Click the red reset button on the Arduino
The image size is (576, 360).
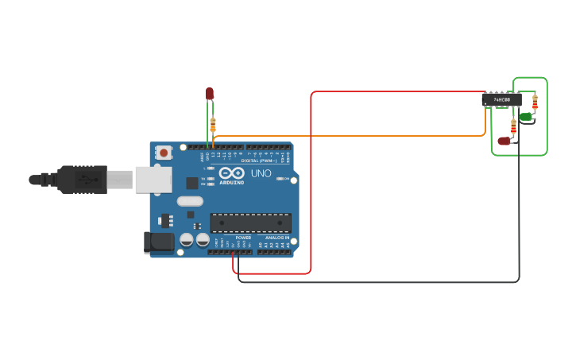click(164, 152)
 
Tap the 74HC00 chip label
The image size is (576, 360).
click(501, 100)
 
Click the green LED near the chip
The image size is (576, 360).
click(525, 117)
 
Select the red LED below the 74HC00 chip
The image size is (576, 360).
click(504, 141)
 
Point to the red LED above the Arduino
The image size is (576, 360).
click(210, 93)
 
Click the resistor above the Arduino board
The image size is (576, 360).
click(212, 125)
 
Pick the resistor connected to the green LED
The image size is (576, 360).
click(535, 101)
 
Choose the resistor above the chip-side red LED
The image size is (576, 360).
click(513, 126)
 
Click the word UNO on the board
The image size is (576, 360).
click(261, 173)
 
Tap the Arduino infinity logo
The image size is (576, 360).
click(232, 172)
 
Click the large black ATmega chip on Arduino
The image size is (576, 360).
click(250, 223)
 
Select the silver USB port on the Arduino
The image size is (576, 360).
click(153, 180)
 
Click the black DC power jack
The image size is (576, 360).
click(158, 242)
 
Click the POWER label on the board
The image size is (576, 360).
click(243, 238)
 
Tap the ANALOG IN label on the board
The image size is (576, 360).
click(276, 238)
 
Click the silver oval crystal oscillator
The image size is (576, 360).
click(191, 201)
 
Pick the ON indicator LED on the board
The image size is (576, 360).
click(280, 179)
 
